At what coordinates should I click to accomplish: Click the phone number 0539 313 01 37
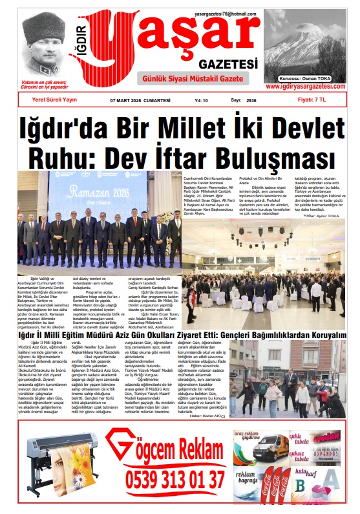click(167, 479)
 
